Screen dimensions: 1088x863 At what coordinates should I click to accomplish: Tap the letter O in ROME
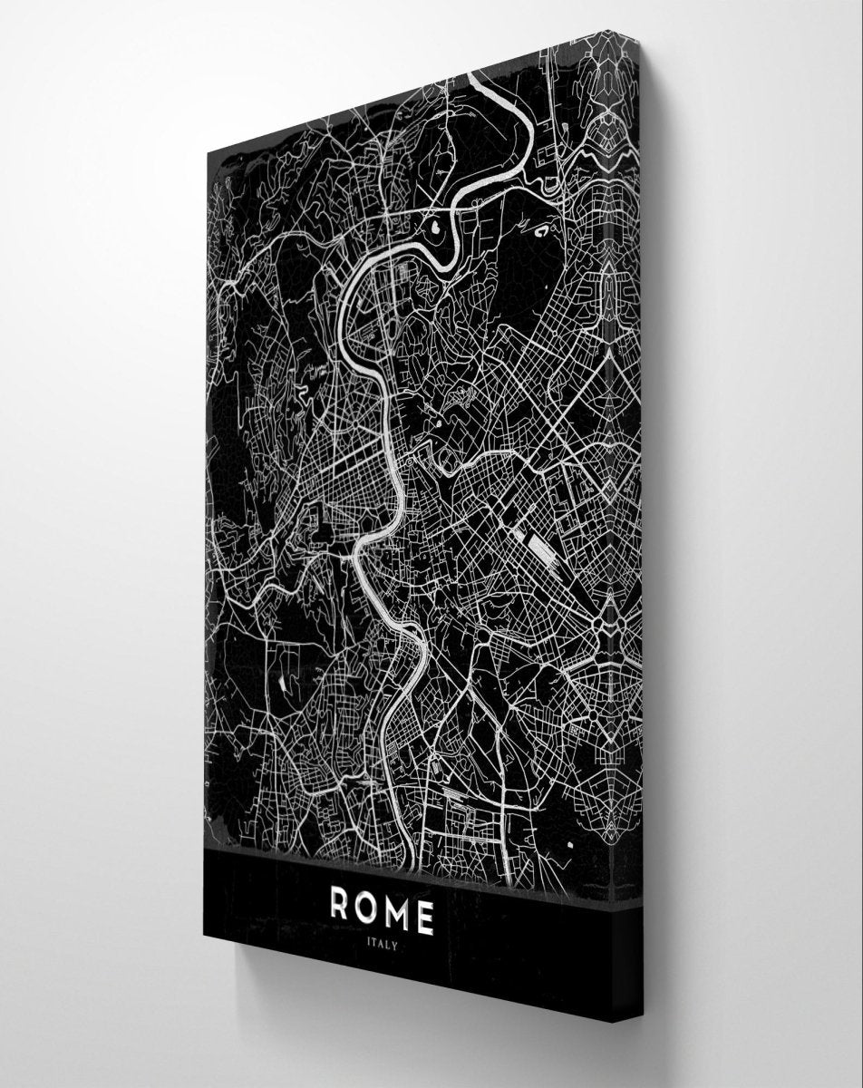point(369,909)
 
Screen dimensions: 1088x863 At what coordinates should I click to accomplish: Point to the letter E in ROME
point(425,918)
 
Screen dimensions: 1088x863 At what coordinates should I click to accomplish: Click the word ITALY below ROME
point(381,943)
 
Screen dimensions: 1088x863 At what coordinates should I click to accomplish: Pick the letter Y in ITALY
point(394,945)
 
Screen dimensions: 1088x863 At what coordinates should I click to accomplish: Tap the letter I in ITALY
point(368,941)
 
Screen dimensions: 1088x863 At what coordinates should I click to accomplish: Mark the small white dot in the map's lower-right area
point(570,844)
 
